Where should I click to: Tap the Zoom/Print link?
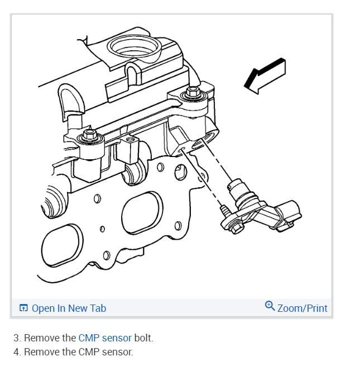tap(302, 308)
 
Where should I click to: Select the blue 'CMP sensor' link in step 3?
tap(105, 338)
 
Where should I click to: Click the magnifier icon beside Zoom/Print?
tap(270, 306)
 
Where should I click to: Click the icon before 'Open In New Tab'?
tap(23, 308)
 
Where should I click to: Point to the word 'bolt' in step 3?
tap(143, 338)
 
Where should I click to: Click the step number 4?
tap(17, 352)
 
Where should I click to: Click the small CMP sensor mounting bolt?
tap(225, 211)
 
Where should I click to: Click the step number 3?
tap(17, 338)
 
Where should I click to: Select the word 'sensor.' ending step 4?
tap(118, 352)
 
